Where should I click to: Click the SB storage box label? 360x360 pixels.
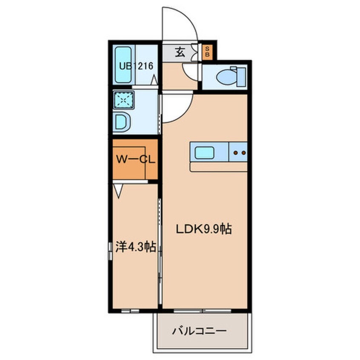(207, 52)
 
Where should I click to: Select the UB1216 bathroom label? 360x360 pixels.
(136, 66)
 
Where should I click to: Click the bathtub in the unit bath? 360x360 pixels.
(123, 65)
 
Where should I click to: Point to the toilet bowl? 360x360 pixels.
(226, 76)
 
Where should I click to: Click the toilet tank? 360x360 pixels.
(241, 77)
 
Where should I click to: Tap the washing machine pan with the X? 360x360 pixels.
(124, 100)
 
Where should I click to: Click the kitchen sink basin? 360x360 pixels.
(204, 153)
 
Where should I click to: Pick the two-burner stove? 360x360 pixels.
(238, 152)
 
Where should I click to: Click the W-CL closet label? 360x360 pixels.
(135, 159)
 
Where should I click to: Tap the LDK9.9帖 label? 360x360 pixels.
(204, 229)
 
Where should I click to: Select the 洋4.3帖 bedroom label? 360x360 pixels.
(135, 247)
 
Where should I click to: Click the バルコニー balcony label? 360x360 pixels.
(199, 331)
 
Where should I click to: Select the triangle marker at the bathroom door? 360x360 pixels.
(154, 80)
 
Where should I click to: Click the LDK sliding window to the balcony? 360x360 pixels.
(202, 311)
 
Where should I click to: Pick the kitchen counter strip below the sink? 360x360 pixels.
(219, 167)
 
